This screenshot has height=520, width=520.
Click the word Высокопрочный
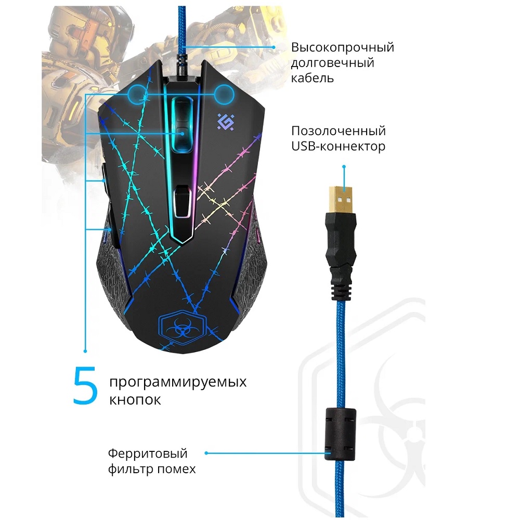(343, 47)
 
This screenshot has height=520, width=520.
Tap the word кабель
(313, 79)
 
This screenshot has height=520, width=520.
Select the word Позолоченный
(339, 131)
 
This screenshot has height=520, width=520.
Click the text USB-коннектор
(339, 146)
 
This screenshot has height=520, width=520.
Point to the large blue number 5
(85, 385)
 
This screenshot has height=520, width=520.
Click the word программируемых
(178, 382)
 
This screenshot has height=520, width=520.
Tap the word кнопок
(135, 399)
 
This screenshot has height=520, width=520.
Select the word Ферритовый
(148, 453)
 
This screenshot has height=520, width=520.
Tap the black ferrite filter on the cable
(341, 435)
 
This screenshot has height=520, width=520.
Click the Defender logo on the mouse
(226, 122)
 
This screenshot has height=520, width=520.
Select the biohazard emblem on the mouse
(183, 327)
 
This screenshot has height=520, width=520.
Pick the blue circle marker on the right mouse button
(225, 94)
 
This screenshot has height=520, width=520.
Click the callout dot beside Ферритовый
(206, 453)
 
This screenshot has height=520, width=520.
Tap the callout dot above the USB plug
(344, 166)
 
